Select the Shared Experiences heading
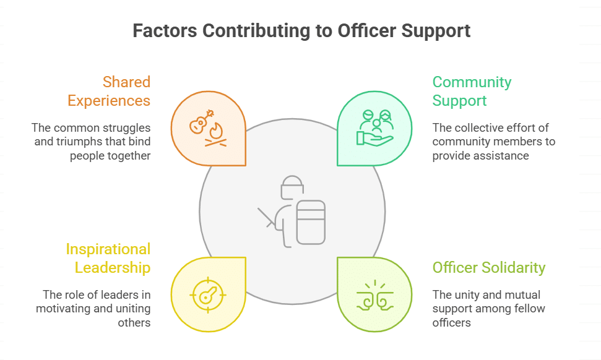[109, 91]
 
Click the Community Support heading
[472, 91]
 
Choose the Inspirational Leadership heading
[108, 258]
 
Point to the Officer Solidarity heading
[488, 267]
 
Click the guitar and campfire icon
[208, 128]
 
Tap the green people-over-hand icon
[374, 128]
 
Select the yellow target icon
[208, 293]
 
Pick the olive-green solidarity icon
[374, 294]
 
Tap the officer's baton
[267, 217]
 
